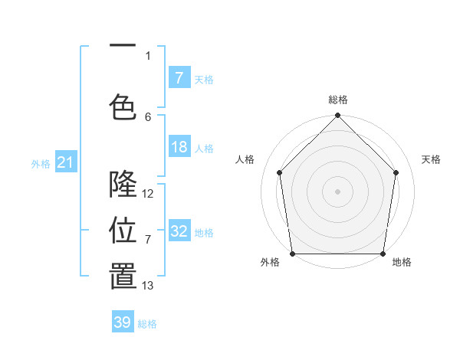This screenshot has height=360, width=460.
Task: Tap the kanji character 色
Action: tap(123, 107)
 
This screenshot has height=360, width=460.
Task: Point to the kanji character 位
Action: tap(123, 231)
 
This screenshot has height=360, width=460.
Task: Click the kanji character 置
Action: tap(123, 277)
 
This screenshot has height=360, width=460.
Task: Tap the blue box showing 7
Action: tap(179, 77)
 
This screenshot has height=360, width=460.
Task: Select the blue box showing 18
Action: tap(179, 147)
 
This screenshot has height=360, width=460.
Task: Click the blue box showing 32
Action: tap(179, 231)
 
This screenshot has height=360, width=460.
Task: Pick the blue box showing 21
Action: tap(65, 162)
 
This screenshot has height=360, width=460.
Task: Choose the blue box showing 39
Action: tap(123, 322)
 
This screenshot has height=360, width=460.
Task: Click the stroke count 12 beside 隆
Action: tap(148, 194)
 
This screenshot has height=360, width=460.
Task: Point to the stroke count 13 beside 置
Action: tap(148, 286)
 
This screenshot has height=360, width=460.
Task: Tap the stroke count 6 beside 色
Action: tap(148, 116)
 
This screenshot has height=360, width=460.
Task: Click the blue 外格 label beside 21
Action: tap(41, 163)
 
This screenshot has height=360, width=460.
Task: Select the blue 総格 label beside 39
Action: tap(147, 323)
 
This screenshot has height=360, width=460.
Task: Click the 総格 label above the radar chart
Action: tap(337, 100)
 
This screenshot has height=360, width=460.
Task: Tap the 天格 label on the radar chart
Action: tap(431, 159)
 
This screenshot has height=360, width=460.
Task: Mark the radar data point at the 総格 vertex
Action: tap(337, 116)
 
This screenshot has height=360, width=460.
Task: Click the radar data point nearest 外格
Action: tap(292, 254)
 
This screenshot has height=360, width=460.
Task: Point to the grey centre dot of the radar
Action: tap(337, 191)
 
